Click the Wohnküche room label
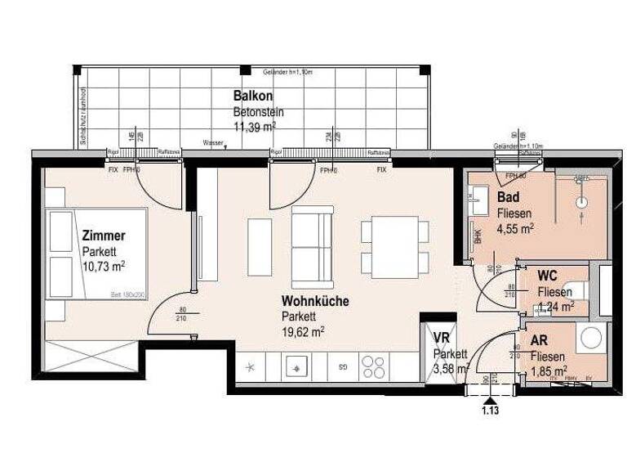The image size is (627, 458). [315, 301]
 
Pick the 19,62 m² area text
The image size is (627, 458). [304, 331]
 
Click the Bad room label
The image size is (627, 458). [509, 199]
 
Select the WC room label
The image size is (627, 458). [548, 277]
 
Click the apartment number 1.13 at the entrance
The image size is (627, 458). [490, 411]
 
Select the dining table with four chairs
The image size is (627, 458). [394, 245]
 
